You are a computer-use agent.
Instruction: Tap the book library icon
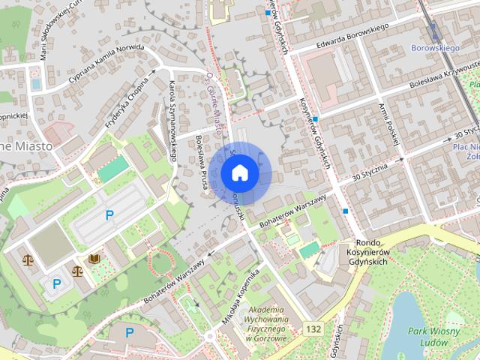coord(94,259)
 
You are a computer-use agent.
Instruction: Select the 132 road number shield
coord(313,329)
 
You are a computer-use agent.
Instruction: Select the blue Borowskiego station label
coord(435,48)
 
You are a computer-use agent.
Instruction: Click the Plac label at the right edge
coord(466,148)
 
